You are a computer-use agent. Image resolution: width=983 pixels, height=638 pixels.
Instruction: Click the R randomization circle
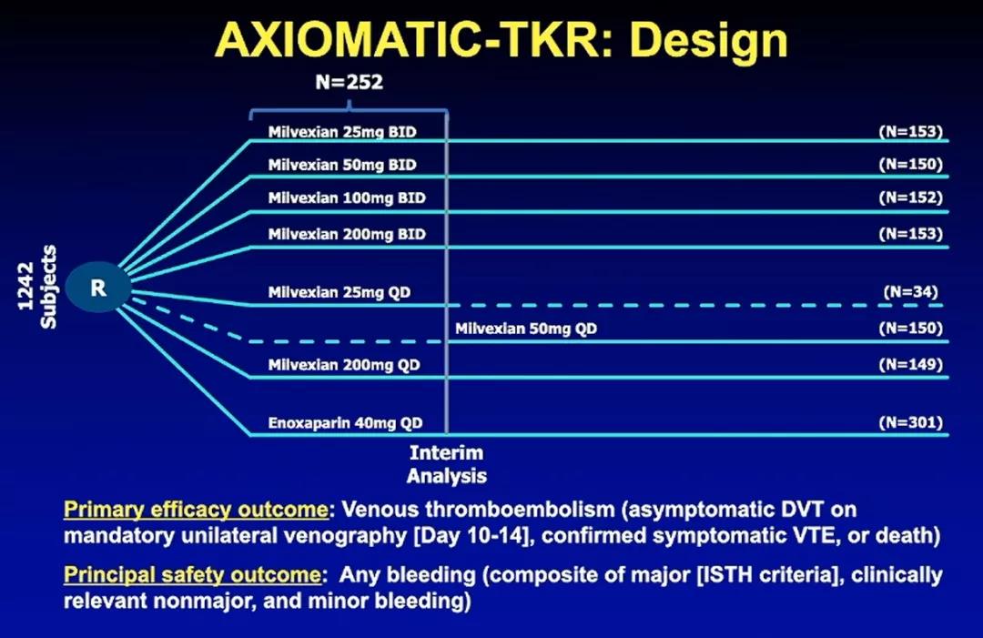(98, 288)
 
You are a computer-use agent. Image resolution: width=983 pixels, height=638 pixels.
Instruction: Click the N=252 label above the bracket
(350, 82)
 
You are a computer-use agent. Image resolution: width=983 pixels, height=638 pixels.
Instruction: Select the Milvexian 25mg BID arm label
(342, 132)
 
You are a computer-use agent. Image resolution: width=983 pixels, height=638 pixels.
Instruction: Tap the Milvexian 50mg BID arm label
(342, 165)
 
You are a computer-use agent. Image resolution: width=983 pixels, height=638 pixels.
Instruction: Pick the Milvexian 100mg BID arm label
(347, 198)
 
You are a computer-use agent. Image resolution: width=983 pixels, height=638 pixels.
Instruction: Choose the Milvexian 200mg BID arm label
(347, 235)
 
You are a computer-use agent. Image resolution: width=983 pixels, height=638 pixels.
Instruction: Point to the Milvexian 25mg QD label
(339, 293)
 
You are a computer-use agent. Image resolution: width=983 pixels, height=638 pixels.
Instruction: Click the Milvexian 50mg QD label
(526, 329)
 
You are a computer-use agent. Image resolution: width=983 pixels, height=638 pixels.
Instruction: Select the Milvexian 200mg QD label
(344, 365)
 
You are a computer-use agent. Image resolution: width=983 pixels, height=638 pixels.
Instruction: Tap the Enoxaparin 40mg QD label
(346, 423)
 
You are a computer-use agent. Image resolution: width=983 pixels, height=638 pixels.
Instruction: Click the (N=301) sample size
(910, 422)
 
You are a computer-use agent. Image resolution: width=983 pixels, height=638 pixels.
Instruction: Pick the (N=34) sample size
(910, 292)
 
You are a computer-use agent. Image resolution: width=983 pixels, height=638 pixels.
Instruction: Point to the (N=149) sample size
(910, 365)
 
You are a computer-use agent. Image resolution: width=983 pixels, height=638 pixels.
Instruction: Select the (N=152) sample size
(910, 197)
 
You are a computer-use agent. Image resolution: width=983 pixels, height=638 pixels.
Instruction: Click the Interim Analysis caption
(446, 464)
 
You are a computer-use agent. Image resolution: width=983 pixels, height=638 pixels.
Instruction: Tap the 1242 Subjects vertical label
(37, 287)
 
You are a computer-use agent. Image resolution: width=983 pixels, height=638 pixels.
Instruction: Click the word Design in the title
(708, 41)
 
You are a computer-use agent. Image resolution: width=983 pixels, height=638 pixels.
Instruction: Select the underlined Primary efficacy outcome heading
(197, 510)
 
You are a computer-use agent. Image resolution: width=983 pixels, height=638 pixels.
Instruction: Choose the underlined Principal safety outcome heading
(192, 574)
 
